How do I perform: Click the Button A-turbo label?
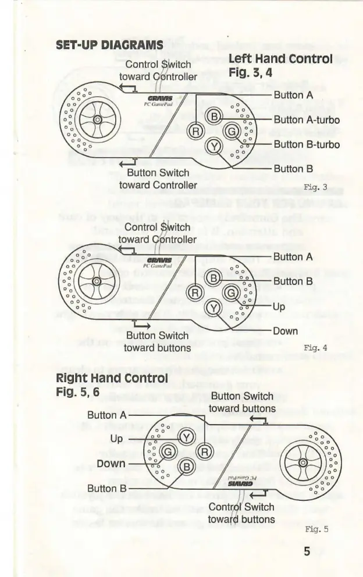[x=307, y=120]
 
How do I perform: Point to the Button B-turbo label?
[x=307, y=144]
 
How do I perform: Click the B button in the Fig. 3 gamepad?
[x=214, y=118]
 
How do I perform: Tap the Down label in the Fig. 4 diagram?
[x=285, y=332]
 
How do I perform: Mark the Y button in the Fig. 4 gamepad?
[x=214, y=308]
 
